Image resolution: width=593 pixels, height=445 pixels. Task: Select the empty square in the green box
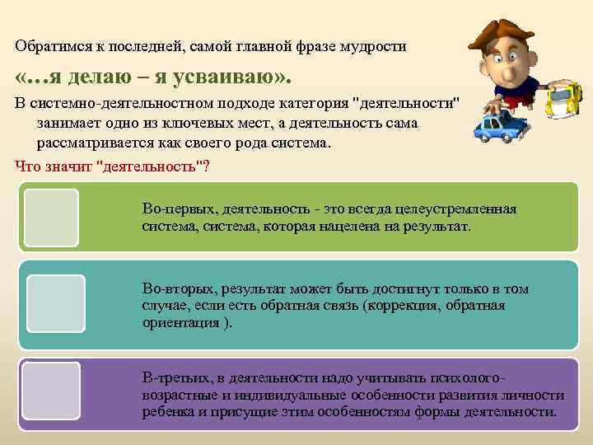(x=51, y=218)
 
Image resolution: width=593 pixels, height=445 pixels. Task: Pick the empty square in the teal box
(x=55, y=303)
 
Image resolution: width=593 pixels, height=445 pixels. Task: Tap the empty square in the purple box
(x=51, y=391)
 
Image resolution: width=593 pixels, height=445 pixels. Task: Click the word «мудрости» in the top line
(x=376, y=46)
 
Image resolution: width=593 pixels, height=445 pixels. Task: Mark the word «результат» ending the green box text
(x=437, y=225)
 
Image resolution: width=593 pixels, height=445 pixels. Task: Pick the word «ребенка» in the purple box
(x=168, y=412)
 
